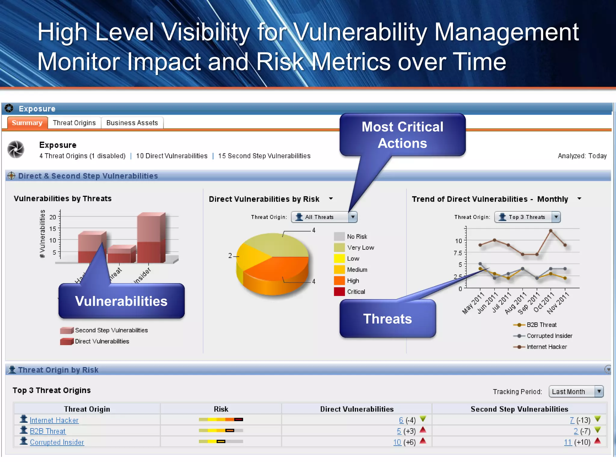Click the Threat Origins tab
click(x=74, y=123)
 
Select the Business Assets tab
click(x=132, y=123)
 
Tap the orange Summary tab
click(x=27, y=123)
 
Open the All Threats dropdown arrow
click(x=353, y=217)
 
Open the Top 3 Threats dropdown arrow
click(x=556, y=217)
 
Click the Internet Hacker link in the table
click(x=54, y=420)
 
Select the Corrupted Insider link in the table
click(x=57, y=442)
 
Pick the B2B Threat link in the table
click(x=48, y=431)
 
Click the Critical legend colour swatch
click(x=339, y=291)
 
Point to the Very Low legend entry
click(x=360, y=248)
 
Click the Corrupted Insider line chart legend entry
click(x=549, y=336)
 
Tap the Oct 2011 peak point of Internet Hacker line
click(x=551, y=231)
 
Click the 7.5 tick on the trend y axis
click(x=458, y=253)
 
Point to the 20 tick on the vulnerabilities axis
click(x=53, y=217)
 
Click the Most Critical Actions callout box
click(x=402, y=135)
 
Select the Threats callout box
click(x=387, y=319)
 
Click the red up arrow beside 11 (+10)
click(x=598, y=441)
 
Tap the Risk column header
click(x=221, y=409)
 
